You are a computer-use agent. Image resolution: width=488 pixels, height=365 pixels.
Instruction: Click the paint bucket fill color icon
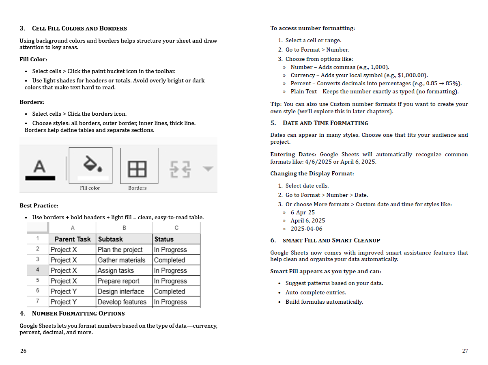(x=91, y=164)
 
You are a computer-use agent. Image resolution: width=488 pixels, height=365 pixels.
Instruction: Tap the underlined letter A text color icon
(x=40, y=169)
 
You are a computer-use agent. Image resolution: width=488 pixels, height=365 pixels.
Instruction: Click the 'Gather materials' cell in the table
(x=121, y=260)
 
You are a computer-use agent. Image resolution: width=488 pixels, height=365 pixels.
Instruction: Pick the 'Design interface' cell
(x=121, y=292)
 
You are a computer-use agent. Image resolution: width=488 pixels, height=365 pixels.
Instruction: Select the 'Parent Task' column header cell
(x=73, y=239)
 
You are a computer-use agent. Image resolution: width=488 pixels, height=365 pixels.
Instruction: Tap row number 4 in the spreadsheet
(x=38, y=270)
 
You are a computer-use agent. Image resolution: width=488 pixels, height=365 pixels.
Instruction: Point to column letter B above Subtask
(x=124, y=228)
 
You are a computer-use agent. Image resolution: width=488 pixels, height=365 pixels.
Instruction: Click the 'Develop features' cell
(x=122, y=302)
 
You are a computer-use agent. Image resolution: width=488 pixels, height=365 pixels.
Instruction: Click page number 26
(x=24, y=351)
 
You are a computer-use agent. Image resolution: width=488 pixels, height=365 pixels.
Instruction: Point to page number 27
(x=465, y=351)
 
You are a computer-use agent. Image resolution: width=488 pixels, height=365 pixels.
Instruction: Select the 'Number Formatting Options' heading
(x=78, y=313)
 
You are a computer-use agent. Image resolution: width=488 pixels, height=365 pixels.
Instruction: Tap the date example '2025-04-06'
(x=306, y=229)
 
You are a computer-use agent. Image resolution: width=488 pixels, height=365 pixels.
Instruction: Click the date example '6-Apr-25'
(x=303, y=212)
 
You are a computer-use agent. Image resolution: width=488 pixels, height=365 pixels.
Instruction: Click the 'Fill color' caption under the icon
(x=90, y=188)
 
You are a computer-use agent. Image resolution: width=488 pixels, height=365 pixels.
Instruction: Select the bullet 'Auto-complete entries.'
(x=316, y=292)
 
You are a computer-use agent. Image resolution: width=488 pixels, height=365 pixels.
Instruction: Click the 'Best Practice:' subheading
(x=39, y=205)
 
